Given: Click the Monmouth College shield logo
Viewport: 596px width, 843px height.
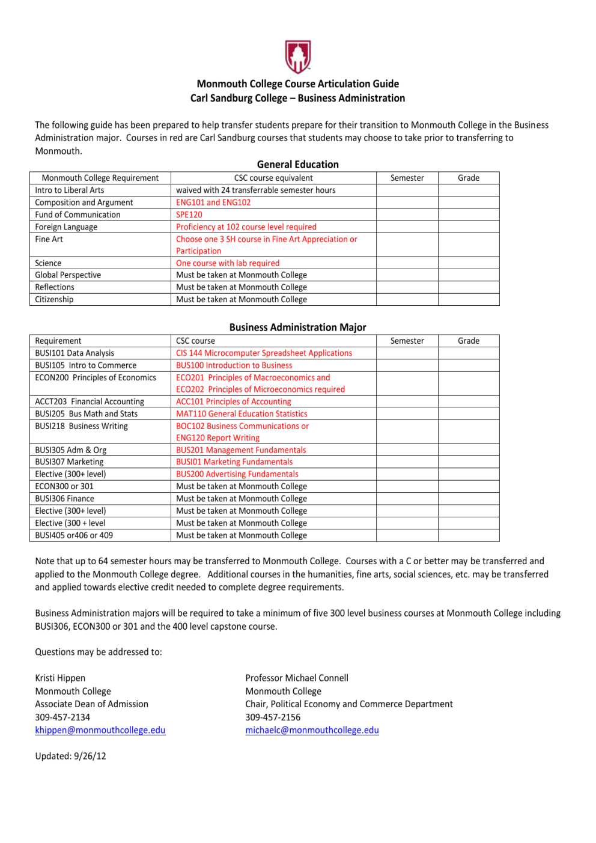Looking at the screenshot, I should pyautogui.click(x=297, y=56).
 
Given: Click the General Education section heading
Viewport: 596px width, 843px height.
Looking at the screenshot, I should pyautogui.click(x=297, y=165).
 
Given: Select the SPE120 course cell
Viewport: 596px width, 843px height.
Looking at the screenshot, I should pyautogui.click(x=189, y=215).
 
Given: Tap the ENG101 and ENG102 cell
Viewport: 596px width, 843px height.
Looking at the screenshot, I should pyautogui.click(x=213, y=202).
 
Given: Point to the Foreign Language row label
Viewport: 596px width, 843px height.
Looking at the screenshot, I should pyautogui.click(x=66, y=227).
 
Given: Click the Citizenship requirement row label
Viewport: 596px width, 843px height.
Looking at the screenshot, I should pyautogui.click(x=54, y=299).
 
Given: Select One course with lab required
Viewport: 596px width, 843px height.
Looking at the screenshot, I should pyautogui.click(x=228, y=263).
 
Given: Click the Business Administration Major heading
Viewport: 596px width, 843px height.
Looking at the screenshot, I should pyautogui.click(x=297, y=327).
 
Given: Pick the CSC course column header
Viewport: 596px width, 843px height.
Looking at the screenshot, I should pyautogui.click(x=195, y=341).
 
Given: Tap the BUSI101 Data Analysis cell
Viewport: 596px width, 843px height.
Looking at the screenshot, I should pyautogui.click(x=74, y=353).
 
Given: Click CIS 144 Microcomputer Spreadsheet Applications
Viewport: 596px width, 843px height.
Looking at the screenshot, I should pyautogui.click(x=264, y=353).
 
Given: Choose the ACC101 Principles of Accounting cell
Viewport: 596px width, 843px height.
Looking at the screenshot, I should pyautogui.click(x=233, y=401).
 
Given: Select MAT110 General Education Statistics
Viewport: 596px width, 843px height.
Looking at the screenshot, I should pyautogui.click(x=242, y=414).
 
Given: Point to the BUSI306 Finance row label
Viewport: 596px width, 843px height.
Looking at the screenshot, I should pyautogui.click(x=64, y=499).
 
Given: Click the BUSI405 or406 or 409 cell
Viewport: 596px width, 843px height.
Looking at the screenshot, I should pyautogui.click(x=74, y=535).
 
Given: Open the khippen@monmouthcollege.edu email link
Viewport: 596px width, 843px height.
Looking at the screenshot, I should pyautogui.click(x=100, y=730).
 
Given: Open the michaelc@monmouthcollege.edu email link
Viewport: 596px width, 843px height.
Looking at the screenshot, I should pyautogui.click(x=312, y=730).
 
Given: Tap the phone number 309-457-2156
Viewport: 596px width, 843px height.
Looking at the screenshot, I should pyautogui.click(x=273, y=717).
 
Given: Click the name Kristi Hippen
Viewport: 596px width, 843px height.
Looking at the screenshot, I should pyautogui.click(x=60, y=678).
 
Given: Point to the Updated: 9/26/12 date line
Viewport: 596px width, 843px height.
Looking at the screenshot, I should pyautogui.click(x=70, y=756).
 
